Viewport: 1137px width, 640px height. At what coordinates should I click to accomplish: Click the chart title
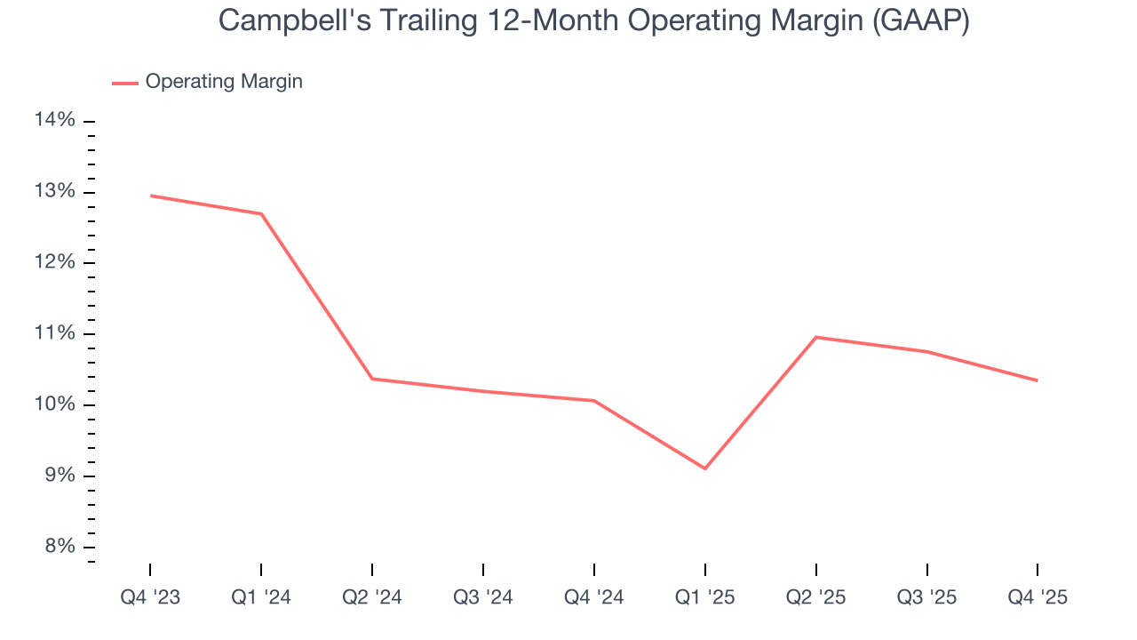[593, 20]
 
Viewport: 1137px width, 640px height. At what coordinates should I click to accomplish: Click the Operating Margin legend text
[224, 82]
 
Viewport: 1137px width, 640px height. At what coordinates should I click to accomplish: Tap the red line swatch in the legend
[125, 83]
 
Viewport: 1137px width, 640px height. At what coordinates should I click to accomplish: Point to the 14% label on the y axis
[55, 121]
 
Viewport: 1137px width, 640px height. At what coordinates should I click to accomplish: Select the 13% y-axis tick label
[55, 192]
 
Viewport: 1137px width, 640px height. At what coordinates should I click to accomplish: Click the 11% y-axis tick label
[55, 333]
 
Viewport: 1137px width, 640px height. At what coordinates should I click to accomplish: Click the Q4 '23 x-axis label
[150, 597]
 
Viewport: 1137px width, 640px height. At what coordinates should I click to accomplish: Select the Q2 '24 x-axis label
[372, 597]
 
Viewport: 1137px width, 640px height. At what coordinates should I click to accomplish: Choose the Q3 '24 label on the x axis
[483, 597]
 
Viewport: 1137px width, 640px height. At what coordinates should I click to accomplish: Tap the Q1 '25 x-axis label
[705, 597]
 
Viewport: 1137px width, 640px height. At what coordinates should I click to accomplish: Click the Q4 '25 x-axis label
[1038, 597]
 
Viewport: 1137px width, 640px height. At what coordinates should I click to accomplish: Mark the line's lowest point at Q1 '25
[705, 468]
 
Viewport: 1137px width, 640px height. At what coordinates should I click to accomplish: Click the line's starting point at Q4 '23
[150, 196]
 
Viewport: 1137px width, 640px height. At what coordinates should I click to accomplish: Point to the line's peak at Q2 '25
[815, 337]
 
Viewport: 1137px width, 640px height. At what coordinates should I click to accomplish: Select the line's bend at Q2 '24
[372, 379]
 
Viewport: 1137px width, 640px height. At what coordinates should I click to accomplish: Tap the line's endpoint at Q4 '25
[1038, 380]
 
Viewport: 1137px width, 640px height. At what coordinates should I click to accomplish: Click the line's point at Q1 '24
[261, 213]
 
